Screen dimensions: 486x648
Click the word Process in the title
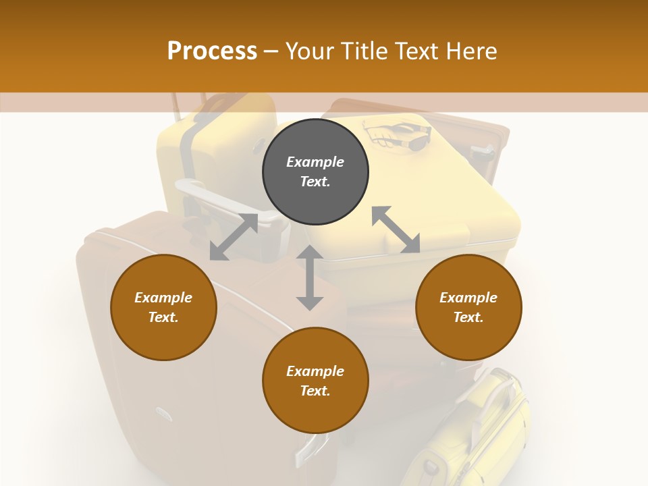click(212, 51)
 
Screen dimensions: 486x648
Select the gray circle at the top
click(315, 171)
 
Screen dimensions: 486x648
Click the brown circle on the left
click(163, 307)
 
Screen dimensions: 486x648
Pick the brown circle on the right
click(468, 307)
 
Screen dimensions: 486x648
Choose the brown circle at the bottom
click(315, 380)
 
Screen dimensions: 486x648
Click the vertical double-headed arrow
click(310, 277)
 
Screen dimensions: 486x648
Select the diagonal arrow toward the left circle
click(234, 237)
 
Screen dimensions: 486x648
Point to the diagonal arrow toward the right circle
click(396, 230)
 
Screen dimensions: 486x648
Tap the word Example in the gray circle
click(315, 162)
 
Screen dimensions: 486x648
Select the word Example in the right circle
click(468, 298)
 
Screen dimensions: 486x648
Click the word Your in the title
click(308, 51)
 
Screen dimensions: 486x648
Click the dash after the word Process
click(271, 51)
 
